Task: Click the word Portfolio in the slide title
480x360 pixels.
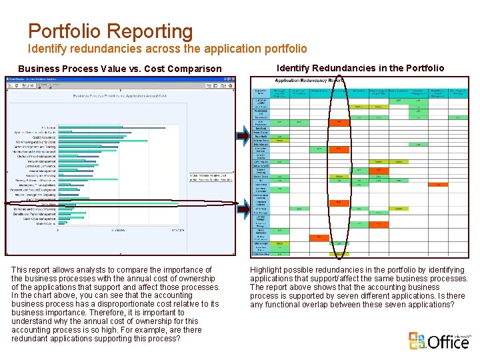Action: point(65,31)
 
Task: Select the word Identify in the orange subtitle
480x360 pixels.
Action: point(46,49)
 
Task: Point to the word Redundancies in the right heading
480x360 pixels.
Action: point(351,68)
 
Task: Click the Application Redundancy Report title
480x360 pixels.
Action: point(309,80)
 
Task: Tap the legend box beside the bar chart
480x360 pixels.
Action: point(209,177)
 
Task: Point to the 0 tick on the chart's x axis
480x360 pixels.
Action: point(59,231)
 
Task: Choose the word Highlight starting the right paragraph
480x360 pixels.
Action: point(267,270)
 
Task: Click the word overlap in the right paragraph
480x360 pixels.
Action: point(316,305)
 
